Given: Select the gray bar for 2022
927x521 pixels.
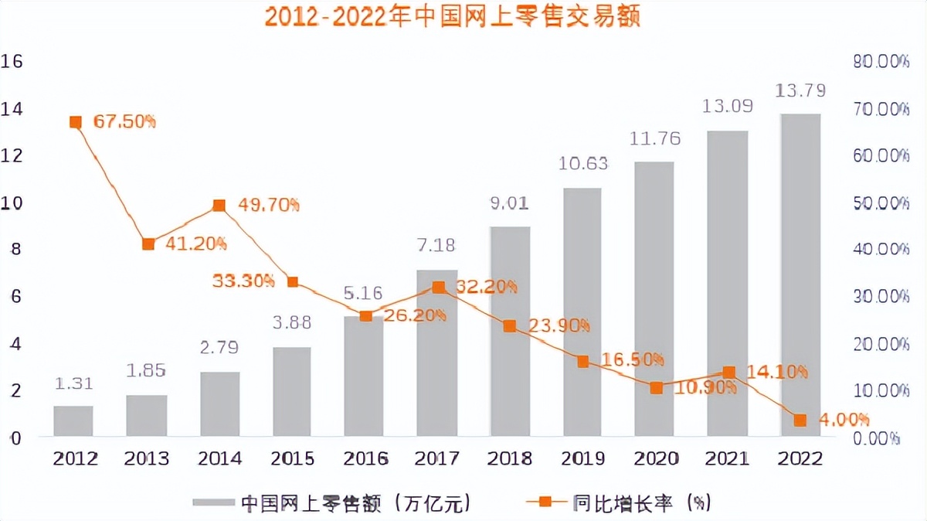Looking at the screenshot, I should point(800,274).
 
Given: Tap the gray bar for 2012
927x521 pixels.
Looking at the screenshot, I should point(73,421).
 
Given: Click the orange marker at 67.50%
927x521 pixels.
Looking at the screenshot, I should point(76,122).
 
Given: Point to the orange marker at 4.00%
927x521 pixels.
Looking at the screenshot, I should point(800,420).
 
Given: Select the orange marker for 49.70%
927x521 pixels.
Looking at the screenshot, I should point(219,206).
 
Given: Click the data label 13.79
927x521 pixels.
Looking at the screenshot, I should point(800,90).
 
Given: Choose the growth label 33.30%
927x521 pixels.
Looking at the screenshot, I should point(243,281).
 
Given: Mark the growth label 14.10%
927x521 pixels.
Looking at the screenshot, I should point(777,372).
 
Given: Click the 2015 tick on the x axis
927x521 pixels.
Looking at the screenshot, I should point(292,458).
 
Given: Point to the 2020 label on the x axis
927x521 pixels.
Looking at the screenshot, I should point(655,458).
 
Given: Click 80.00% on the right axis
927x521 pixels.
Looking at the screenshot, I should point(881,62).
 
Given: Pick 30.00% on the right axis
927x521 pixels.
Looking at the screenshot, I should point(881,297).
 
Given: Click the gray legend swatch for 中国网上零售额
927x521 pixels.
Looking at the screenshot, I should point(212,502).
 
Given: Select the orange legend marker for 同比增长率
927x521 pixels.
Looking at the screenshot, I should point(545,502).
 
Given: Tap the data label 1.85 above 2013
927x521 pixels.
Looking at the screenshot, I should point(147,371).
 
